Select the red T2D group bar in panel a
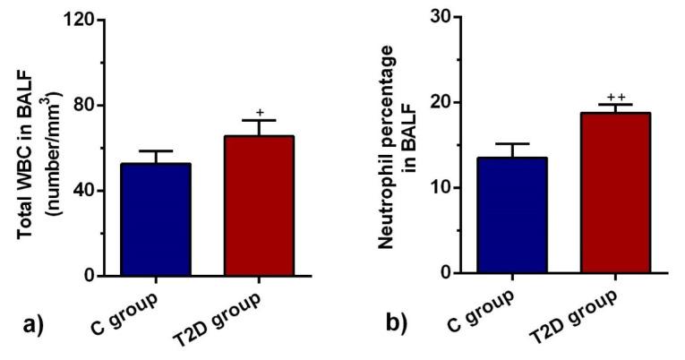click(258, 206)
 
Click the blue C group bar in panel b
click(511, 215)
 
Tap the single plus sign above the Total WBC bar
click(259, 113)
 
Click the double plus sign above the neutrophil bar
click(615, 97)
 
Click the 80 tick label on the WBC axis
click(87, 105)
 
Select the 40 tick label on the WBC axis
click(87, 191)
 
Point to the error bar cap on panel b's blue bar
click(511, 143)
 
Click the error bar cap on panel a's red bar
click(258, 120)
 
